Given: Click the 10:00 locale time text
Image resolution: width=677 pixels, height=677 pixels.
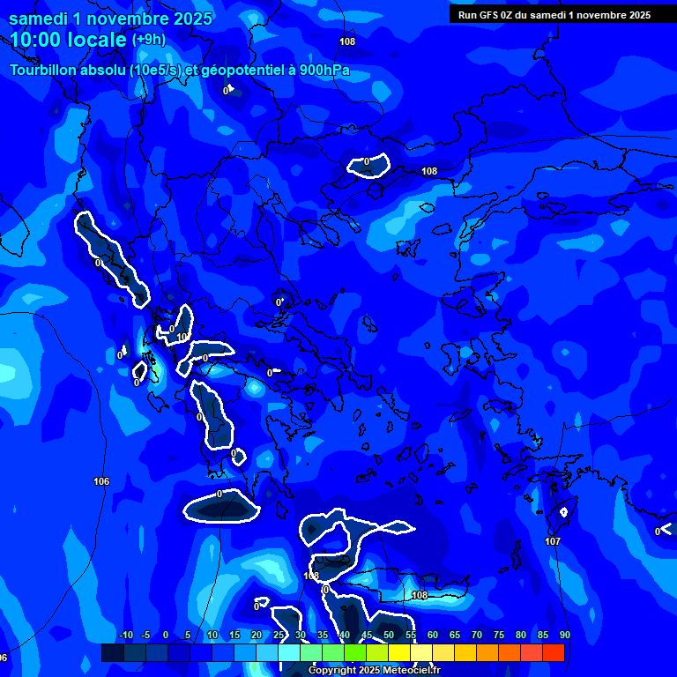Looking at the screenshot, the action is [x=69, y=39].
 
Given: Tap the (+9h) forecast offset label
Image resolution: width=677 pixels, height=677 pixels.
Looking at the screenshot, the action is [x=148, y=40].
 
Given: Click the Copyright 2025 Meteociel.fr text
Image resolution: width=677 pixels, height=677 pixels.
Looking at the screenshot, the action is [x=374, y=671].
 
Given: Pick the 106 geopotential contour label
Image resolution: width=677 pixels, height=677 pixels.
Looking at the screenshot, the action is [x=101, y=481].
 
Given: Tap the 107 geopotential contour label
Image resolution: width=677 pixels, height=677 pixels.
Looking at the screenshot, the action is [x=553, y=541].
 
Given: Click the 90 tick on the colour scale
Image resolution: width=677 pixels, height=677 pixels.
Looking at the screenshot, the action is [x=564, y=636].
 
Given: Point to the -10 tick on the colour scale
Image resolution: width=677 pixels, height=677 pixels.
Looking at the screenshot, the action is [x=125, y=636].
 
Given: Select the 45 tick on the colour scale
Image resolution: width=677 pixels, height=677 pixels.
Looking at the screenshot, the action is [x=367, y=636].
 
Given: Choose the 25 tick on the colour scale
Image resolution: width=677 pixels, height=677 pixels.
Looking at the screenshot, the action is [x=279, y=636].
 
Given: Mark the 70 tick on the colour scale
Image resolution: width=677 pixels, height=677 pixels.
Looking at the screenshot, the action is [x=477, y=636].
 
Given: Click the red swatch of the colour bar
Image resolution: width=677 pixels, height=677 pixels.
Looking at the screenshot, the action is [x=554, y=652].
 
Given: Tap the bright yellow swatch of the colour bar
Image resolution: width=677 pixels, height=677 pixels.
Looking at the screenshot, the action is [x=399, y=652].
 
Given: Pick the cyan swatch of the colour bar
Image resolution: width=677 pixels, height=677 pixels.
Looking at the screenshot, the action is [x=289, y=652].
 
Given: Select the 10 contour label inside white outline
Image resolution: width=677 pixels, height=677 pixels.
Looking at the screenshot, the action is [x=182, y=337].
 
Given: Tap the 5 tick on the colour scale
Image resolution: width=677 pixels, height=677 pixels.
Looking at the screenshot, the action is [x=188, y=636].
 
